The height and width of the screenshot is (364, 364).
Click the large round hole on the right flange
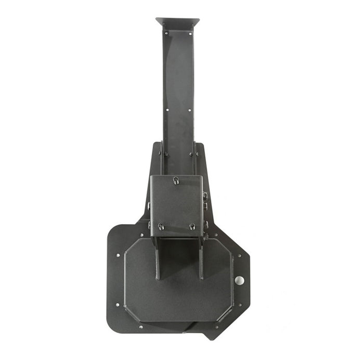tap(239, 280)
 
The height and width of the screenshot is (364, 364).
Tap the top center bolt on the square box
tap(176, 180)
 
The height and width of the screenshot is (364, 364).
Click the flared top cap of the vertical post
tap(177, 23)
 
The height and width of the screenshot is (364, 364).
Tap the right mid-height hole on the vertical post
tap(190, 110)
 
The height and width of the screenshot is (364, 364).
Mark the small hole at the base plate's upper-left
tap(118, 255)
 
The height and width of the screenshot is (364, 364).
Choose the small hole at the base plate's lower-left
tap(117, 304)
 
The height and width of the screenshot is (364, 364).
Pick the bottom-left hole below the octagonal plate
tap(141, 327)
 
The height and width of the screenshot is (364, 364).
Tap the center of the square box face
tap(176, 204)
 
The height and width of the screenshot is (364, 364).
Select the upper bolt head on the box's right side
tap(205, 196)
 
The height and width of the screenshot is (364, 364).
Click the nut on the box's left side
tap(149, 225)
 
